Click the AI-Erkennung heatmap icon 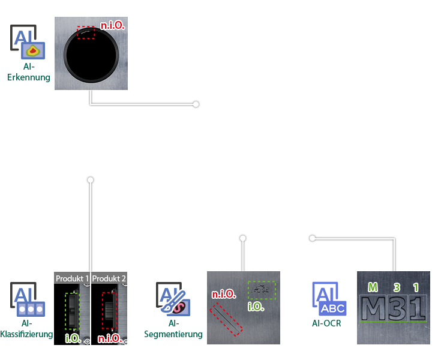pyautogui.click(x=24, y=42)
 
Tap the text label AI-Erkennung pyautogui.click(x=29, y=72)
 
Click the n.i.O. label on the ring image pyautogui.click(x=112, y=26)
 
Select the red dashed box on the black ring pyautogui.click(x=86, y=32)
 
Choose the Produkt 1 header pyautogui.click(x=73, y=278)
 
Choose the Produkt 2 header pyautogui.click(x=109, y=278)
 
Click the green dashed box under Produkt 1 pyautogui.click(x=72, y=311)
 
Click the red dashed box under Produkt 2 pyautogui.click(x=109, y=310)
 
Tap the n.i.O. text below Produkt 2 pyautogui.click(x=110, y=338)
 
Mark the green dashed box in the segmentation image pyautogui.click(x=262, y=290)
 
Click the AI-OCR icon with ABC pyautogui.click(x=329, y=299)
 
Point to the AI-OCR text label pyautogui.click(x=326, y=323)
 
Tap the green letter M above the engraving pyautogui.click(x=373, y=287)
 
